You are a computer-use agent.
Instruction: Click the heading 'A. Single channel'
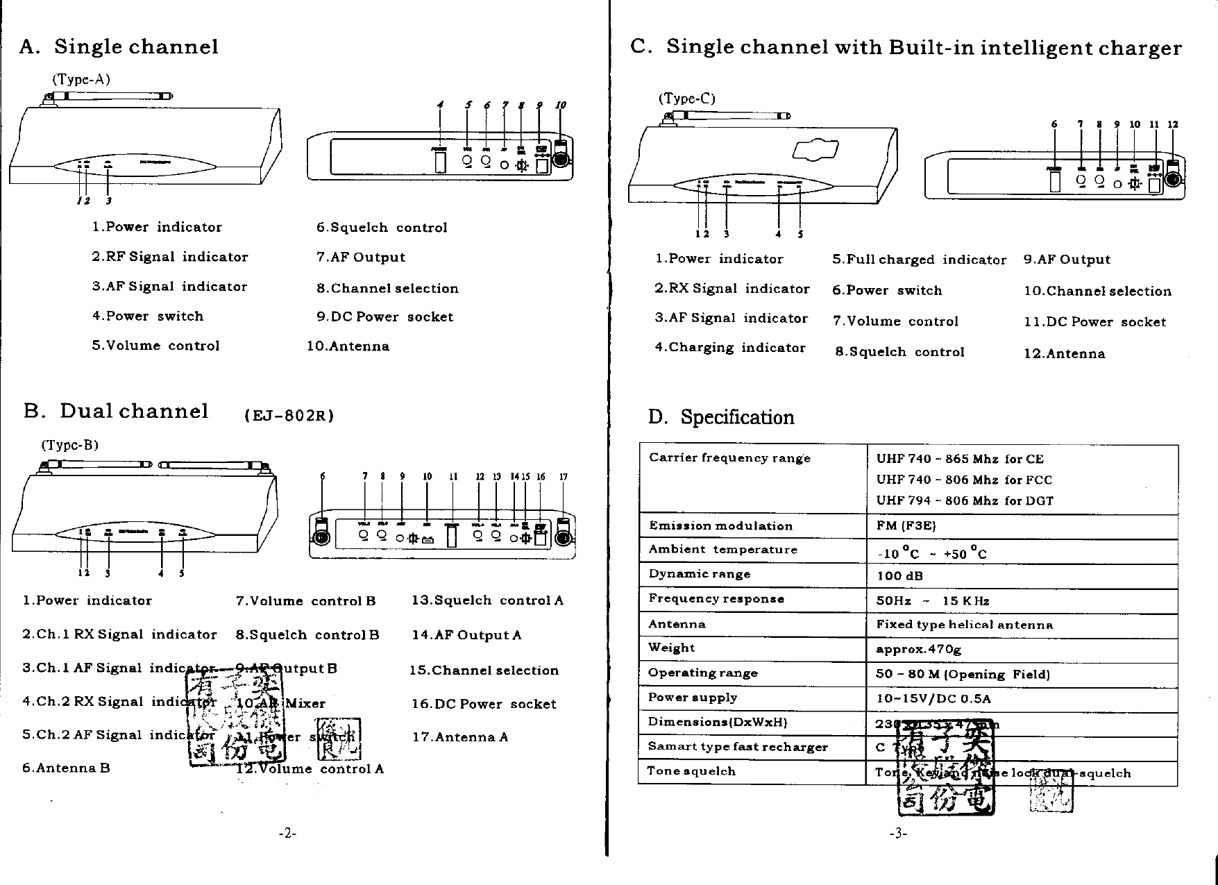(x=119, y=47)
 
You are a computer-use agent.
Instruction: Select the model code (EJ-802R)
(x=289, y=416)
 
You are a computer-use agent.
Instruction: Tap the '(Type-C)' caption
(x=686, y=99)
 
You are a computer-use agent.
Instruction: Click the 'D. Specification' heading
(x=721, y=417)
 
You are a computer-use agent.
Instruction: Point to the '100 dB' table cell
(x=900, y=575)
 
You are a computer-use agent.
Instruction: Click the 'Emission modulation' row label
(x=720, y=526)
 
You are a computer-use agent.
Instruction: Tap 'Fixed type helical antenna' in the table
(x=965, y=625)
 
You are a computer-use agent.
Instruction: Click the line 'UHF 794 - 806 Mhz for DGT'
(x=965, y=500)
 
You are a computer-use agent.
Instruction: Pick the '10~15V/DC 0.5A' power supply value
(x=933, y=698)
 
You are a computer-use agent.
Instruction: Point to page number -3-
(x=897, y=834)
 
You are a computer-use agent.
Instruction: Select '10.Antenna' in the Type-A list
(x=348, y=346)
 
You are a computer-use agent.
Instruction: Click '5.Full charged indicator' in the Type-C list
(x=919, y=260)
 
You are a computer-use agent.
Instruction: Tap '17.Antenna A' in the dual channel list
(x=460, y=737)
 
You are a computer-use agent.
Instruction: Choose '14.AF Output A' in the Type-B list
(x=466, y=635)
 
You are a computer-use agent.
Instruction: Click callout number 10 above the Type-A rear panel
(x=560, y=106)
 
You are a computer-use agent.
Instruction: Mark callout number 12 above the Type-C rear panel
(x=1173, y=125)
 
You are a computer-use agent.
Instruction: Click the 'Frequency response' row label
(x=716, y=599)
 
